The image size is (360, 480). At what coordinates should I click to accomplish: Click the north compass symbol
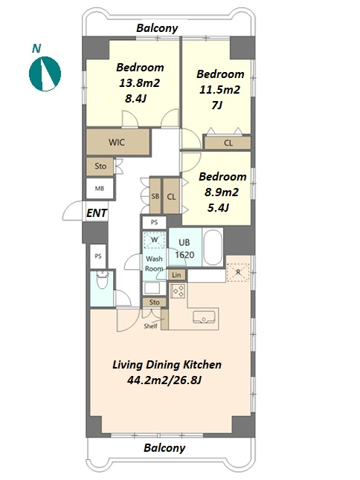[45, 74]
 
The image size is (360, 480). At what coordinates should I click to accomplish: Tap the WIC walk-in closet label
[117, 143]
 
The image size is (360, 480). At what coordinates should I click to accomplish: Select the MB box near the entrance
[100, 189]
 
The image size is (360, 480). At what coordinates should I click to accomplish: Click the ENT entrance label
[97, 213]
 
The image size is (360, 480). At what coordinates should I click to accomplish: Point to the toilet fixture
[102, 280]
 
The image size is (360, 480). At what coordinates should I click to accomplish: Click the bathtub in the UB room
[213, 247]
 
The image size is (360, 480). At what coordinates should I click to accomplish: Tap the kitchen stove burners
[178, 291]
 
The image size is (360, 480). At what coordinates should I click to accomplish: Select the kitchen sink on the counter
[204, 317]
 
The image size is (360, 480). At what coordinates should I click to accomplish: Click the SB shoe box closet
[155, 196]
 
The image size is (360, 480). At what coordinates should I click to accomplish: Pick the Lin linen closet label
[176, 275]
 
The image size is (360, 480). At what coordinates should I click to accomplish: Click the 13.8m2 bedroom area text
[139, 83]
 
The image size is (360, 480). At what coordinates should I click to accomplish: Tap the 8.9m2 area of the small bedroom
[222, 192]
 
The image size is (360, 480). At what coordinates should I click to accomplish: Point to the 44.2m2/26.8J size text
[164, 380]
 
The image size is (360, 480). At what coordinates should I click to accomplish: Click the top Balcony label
[157, 28]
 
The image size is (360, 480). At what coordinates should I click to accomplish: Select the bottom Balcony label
[164, 448]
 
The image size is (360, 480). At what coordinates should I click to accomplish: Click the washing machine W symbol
[155, 240]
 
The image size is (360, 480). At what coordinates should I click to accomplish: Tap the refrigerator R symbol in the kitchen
[238, 272]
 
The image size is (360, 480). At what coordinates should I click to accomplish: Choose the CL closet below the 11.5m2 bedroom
[228, 143]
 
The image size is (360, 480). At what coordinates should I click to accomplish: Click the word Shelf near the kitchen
[151, 326]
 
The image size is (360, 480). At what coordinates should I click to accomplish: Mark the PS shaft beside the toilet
[98, 256]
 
